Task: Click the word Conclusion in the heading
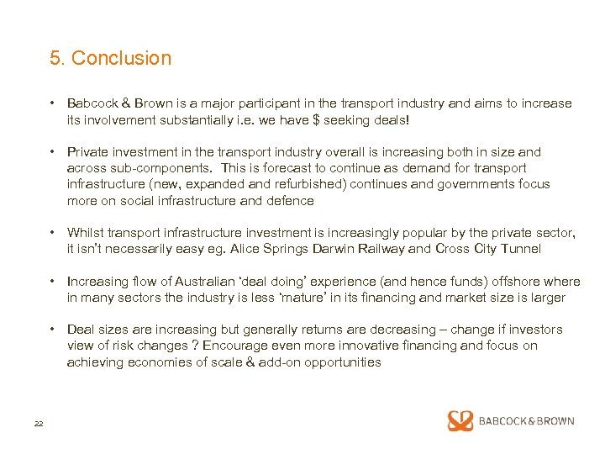pos(121,58)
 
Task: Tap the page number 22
pos(38,423)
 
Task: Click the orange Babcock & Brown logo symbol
pos(460,421)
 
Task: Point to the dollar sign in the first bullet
pos(316,120)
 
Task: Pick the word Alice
pos(245,249)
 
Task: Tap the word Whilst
pos(86,233)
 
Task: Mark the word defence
pos(289,201)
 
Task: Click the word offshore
pos(513,282)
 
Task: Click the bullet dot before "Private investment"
pos(53,152)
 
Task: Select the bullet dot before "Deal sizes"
pos(53,330)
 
